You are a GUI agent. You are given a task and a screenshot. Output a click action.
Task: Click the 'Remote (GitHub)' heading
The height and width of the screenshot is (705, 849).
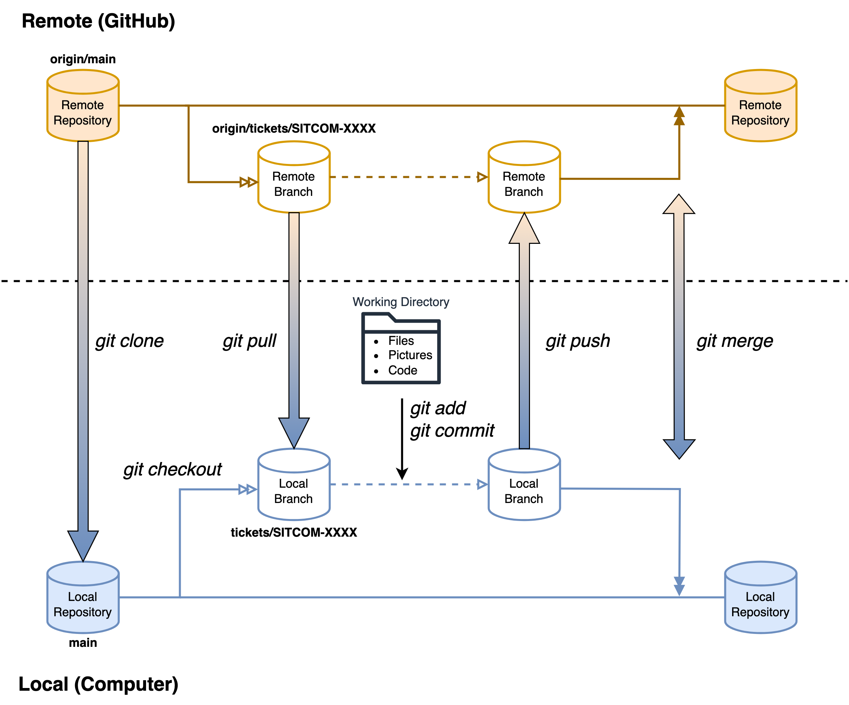pyautogui.click(x=98, y=21)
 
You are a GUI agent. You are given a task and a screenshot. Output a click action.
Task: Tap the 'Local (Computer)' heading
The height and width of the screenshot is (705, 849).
pyautogui.click(x=98, y=684)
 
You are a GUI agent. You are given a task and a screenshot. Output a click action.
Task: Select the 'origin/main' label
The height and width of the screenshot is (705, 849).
pyautogui.click(x=83, y=59)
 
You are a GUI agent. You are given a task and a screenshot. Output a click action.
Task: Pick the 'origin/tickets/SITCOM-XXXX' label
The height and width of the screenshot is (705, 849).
pyautogui.click(x=294, y=128)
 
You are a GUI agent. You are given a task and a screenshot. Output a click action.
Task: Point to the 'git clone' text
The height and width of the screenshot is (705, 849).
pyautogui.click(x=129, y=341)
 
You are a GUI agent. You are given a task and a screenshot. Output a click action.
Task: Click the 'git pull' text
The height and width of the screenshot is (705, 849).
pyautogui.click(x=249, y=341)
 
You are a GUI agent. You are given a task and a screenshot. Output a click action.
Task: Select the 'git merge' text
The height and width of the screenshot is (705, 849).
pyautogui.click(x=735, y=341)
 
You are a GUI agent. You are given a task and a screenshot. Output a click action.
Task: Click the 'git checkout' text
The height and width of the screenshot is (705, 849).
pyautogui.click(x=173, y=469)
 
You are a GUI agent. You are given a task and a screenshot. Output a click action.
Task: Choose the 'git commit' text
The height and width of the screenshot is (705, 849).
pyautogui.click(x=452, y=431)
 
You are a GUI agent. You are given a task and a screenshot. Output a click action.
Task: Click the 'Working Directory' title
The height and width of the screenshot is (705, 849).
pyautogui.click(x=401, y=302)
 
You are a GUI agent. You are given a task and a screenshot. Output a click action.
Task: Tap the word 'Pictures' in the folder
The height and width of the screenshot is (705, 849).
pyautogui.click(x=410, y=355)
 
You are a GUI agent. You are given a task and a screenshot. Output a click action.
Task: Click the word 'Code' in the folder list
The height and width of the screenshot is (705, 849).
pyautogui.click(x=403, y=370)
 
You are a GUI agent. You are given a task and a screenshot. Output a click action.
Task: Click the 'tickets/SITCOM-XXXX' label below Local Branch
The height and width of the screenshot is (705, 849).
pyautogui.click(x=294, y=532)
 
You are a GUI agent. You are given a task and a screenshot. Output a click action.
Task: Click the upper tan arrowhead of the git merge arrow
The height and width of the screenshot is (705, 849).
pyautogui.click(x=679, y=205)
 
